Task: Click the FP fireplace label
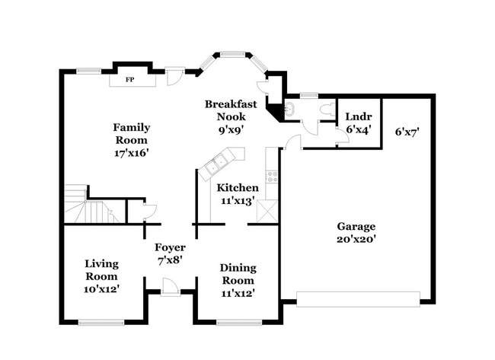coord(130,79)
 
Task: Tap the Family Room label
coord(132,134)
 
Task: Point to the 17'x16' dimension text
coord(132,152)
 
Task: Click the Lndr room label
coord(358,116)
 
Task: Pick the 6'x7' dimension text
coord(407,132)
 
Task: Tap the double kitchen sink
coord(219,164)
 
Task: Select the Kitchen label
coord(238,188)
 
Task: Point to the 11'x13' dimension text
coord(238,202)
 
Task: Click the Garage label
coord(356,226)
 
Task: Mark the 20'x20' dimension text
coord(356,240)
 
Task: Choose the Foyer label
coord(170,247)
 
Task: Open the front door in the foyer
coord(171,287)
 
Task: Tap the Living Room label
coord(101,270)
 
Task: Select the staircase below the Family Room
coord(84,205)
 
